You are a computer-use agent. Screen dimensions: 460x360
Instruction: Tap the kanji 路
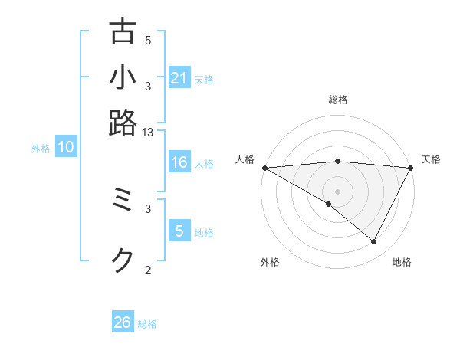(x=123, y=122)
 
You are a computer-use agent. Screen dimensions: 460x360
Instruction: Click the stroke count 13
(x=148, y=133)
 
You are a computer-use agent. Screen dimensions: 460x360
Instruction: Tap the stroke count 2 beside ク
(x=148, y=269)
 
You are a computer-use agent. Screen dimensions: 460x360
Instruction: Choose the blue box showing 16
(x=179, y=162)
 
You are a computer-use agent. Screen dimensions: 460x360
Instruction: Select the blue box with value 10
(x=66, y=148)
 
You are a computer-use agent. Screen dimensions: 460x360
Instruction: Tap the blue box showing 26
(x=123, y=322)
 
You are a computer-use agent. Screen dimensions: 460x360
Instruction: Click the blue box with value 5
(x=179, y=232)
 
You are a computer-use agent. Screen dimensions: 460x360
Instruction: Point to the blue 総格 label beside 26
(x=147, y=324)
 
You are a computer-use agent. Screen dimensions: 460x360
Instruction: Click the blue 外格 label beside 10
(x=41, y=149)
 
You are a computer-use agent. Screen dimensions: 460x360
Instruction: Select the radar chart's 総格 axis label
(x=337, y=100)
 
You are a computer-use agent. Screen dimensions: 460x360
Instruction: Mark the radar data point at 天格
(x=410, y=168)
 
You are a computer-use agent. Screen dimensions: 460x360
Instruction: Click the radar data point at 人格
(x=264, y=168)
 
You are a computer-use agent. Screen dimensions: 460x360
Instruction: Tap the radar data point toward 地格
(x=374, y=241)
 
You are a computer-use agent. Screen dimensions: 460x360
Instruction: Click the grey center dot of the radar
(x=337, y=191)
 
